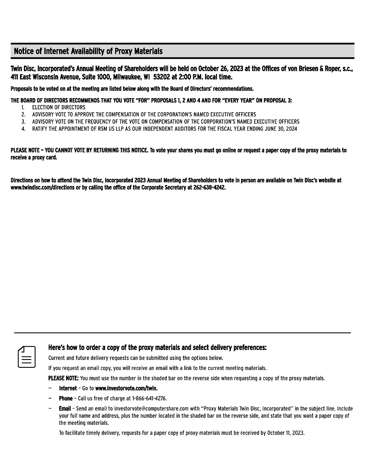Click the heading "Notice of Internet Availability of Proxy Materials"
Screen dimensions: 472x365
point(88,51)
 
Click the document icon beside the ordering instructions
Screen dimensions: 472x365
point(27,357)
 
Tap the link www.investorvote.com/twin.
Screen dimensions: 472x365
point(126,388)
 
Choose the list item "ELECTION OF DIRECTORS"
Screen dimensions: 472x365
point(59,107)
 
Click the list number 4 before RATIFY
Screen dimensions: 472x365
point(23,129)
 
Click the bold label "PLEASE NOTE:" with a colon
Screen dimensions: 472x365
point(63,378)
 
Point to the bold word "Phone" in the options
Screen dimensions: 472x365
point(66,398)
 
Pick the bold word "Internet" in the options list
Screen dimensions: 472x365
point(68,388)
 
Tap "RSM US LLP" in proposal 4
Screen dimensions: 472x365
point(110,129)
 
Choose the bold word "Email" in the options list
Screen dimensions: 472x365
point(65,409)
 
